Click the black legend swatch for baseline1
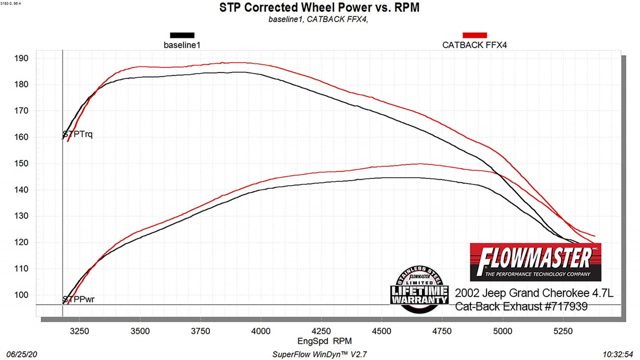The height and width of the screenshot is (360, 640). pyautogui.click(x=182, y=35)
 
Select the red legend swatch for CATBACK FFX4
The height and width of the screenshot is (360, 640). pyautogui.click(x=474, y=35)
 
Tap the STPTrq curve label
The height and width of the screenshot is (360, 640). pyautogui.click(x=78, y=135)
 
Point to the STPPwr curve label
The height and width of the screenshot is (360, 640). pyautogui.click(x=78, y=299)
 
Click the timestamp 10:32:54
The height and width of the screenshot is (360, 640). pyautogui.click(x=618, y=354)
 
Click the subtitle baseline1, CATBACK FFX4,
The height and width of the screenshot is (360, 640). pyautogui.click(x=318, y=19)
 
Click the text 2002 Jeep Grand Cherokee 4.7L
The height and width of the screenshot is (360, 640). pyautogui.click(x=534, y=294)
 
